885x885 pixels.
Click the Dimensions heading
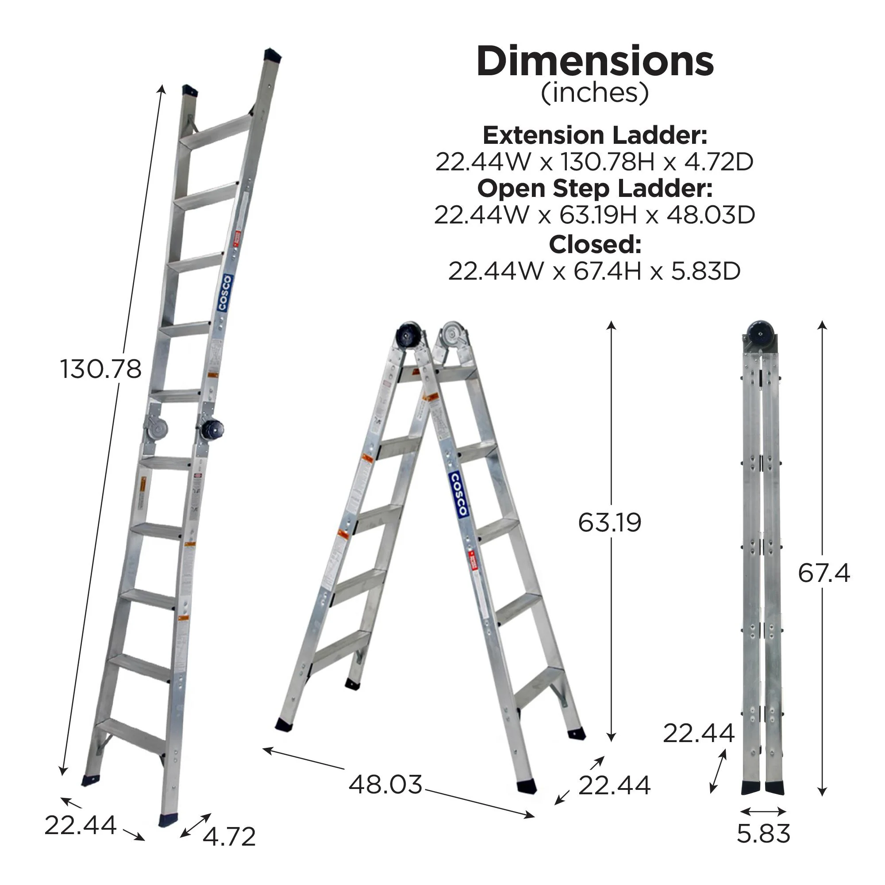tap(595, 62)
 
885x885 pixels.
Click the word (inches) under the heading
tap(595, 93)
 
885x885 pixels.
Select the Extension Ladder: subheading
tap(595, 135)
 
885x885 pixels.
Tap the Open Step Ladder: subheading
tap(595, 188)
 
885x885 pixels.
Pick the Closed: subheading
tap(595, 245)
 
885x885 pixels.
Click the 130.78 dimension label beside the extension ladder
tap(101, 369)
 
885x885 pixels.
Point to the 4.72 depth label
tap(229, 837)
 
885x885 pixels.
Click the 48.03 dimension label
tap(385, 784)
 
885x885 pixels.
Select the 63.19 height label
tap(609, 522)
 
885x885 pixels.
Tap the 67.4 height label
tap(823, 573)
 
